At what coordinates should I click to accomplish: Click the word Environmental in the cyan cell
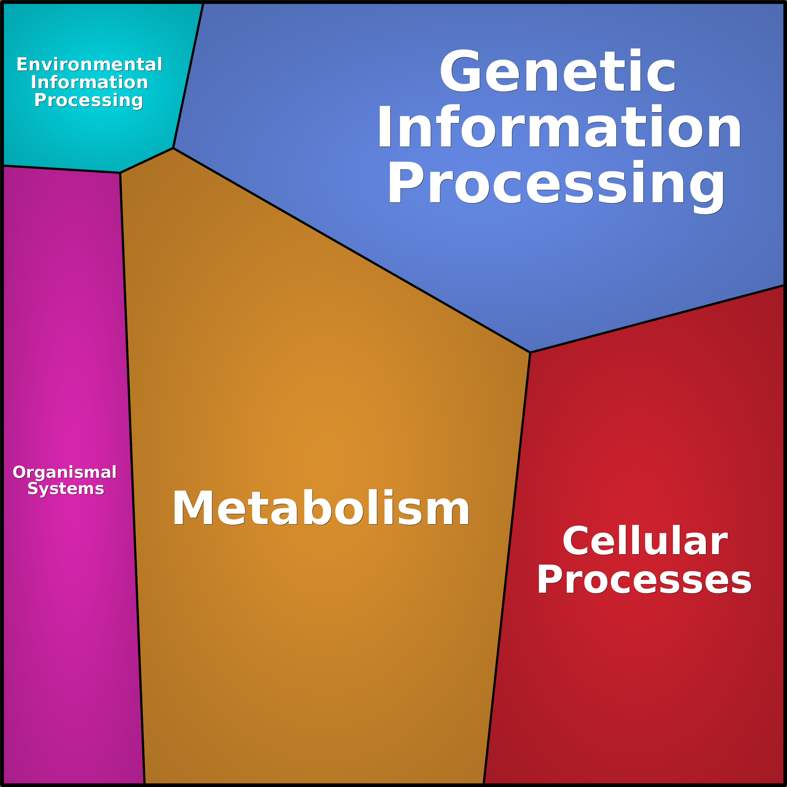[89, 64]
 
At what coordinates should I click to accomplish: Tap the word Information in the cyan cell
[89, 82]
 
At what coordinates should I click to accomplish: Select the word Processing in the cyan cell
[88, 100]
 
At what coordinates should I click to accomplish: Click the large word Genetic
[558, 72]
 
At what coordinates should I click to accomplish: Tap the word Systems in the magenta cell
[65, 488]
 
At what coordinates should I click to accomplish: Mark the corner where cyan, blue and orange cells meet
[173, 148]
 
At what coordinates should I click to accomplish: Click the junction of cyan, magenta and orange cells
[120, 173]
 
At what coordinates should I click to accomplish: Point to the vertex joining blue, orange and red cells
[530, 352]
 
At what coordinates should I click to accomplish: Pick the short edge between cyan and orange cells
[147, 160]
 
